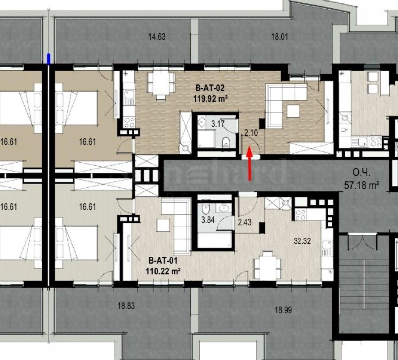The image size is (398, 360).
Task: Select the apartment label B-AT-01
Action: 162,260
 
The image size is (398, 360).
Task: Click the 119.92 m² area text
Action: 210,99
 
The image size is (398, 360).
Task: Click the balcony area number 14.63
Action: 156,36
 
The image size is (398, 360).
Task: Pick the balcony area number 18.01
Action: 280,36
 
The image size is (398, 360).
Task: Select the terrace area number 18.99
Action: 282,310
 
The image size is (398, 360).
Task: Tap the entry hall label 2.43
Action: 245,222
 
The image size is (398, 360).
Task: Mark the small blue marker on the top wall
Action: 49,59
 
